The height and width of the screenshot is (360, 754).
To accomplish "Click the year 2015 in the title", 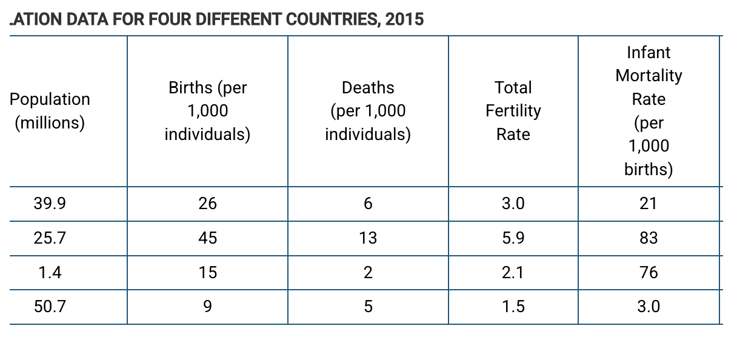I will click(x=404, y=19).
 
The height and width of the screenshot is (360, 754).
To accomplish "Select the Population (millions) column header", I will click(x=50, y=111).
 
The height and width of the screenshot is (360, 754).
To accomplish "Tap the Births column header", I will click(x=207, y=111).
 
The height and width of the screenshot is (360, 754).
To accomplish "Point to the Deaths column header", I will click(x=368, y=111).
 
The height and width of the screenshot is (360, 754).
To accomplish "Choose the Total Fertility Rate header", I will click(x=513, y=111).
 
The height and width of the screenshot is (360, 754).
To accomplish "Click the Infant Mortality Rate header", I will click(x=649, y=111).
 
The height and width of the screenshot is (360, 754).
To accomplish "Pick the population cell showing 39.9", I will click(x=50, y=204).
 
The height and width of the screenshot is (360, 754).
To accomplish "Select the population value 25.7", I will click(x=50, y=238).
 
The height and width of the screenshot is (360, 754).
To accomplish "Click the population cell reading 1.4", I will click(x=50, y=273).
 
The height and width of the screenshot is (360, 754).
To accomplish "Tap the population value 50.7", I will click(x=50, y=307).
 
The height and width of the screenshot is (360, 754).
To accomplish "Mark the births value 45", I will click(x=207, y=238).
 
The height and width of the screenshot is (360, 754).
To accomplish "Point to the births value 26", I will click(x=207, y=204).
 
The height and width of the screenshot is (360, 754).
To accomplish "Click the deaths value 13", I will click(x=368, y=238).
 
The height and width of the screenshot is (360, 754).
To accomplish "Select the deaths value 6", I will click(x=368, y=204).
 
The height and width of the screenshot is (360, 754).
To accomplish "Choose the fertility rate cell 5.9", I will click(x=513, y=238).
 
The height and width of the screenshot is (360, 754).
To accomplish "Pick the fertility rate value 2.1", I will click(x=513, y=273).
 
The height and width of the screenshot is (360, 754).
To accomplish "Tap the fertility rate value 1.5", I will click(x=513, y=307).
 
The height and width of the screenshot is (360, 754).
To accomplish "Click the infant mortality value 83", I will click(x=649, y=238).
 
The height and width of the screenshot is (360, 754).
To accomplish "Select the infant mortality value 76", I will click(x=649, y=273).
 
